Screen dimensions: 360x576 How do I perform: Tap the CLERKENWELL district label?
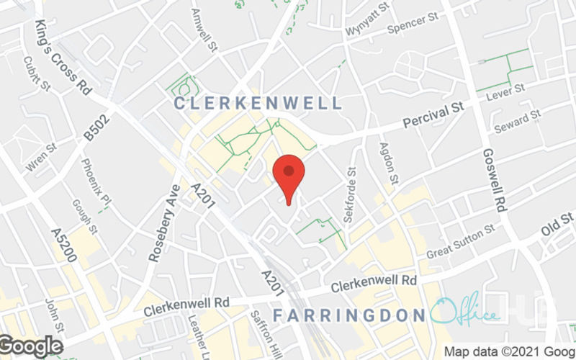[x=258, y=104]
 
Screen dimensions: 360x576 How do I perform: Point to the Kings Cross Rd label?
[x=62, y=58]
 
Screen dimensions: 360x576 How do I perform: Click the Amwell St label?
[x=205, y=30]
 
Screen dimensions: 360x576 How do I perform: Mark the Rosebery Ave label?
[x=163, y=223]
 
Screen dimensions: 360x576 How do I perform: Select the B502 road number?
[x=94, y=127]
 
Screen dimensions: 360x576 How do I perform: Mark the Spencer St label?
[x=413, y=27]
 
